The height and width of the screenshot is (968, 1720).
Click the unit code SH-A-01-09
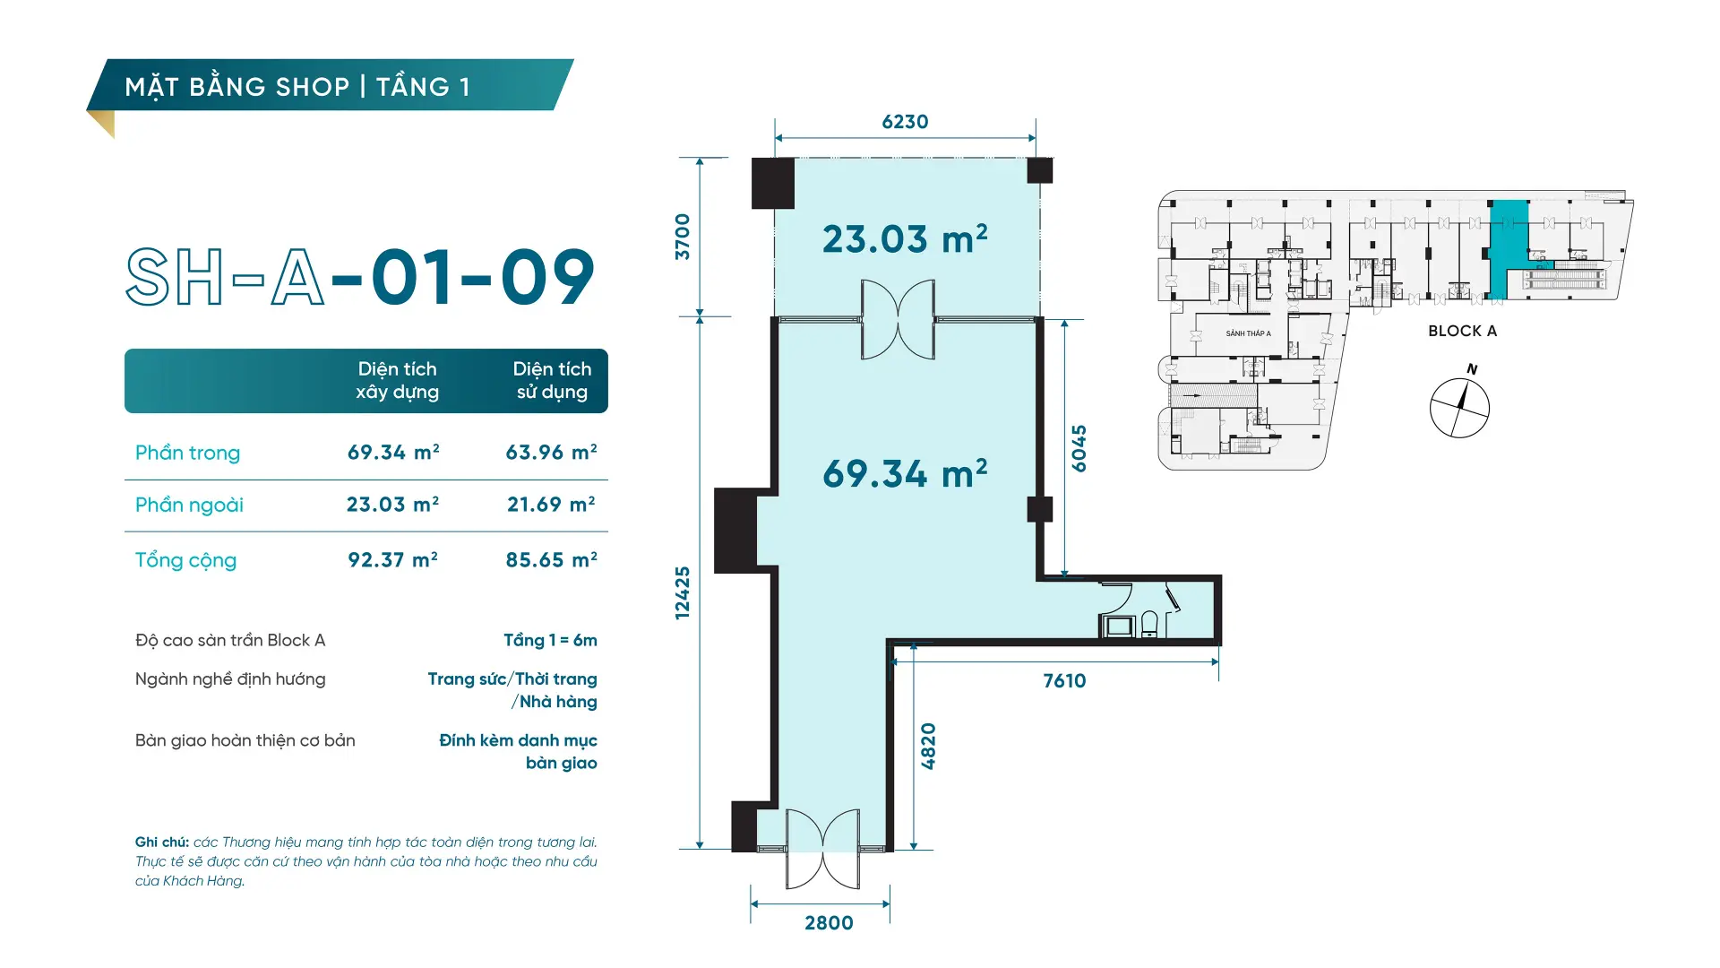click(360, 277)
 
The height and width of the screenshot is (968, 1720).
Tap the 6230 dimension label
click(905, 122)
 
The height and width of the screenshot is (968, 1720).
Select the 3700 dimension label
click(683, 237)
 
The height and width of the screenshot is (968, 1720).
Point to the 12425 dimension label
click(683, 592)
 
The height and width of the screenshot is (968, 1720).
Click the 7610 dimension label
click(1064, 681)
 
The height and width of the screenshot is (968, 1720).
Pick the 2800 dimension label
click(829, 923)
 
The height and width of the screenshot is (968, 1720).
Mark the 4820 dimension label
click(928, 746)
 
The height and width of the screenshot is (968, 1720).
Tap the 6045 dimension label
click(1079, 448)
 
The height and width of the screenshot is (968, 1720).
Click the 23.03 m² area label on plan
click(905, 239)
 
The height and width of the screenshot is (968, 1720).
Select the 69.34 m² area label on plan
click(905, 473)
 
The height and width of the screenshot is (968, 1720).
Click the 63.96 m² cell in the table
click(551, 453)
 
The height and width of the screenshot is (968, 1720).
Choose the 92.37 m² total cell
click(392, 560)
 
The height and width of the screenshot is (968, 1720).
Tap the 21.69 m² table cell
click(551, 505)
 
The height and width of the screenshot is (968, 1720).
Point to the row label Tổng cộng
click(185, 561)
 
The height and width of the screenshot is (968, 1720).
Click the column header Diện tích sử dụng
click(552, 381)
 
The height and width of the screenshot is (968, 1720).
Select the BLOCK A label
click(1462, 331)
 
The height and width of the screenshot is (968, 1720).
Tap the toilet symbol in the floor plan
click(1149, 624)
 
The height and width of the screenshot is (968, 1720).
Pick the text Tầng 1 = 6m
click(550, 640)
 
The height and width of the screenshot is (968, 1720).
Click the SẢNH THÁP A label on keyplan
click(1248, 333)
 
